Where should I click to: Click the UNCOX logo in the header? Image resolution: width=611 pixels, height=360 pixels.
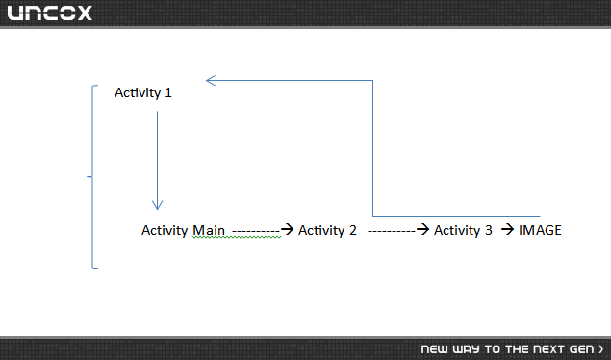tap(49, 13)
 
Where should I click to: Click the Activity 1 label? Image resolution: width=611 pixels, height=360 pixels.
tap(143, 93)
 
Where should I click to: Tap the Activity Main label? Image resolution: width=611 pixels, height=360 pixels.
tap(183, 230)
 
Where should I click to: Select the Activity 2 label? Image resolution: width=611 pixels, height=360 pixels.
tap(327, 230)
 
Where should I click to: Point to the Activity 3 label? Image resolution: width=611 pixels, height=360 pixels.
tap(463, 230)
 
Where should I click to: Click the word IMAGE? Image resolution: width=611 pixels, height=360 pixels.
tap(540, 230)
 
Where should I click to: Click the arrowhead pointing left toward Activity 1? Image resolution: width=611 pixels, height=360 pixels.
tap(211, 80)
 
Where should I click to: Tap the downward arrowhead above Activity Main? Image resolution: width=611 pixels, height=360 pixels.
tap(157, 205)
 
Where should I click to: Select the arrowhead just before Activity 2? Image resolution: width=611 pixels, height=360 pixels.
tap(287, 229)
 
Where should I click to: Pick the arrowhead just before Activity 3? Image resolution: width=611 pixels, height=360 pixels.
tap(422, 229)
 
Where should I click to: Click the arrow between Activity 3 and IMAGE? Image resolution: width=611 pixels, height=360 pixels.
tap(507, 229)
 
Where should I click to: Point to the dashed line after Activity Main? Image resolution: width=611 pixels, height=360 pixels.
tap(256, 232)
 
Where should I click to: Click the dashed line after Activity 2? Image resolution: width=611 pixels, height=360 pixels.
tap(392, 232)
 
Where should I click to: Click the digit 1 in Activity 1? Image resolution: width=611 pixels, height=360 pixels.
tap(168, 92)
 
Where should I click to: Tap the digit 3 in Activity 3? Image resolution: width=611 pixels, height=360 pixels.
tap(489, 230)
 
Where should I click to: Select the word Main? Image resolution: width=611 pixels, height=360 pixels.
tap(209, 230)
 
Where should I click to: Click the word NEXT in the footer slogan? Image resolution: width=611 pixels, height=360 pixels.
tap(548, 349)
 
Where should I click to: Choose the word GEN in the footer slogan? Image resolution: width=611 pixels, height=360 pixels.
tap(582, 349)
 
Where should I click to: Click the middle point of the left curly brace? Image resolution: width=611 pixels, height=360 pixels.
tap(88, 176)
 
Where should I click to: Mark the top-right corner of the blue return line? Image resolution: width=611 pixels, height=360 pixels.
tap(373, 80)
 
